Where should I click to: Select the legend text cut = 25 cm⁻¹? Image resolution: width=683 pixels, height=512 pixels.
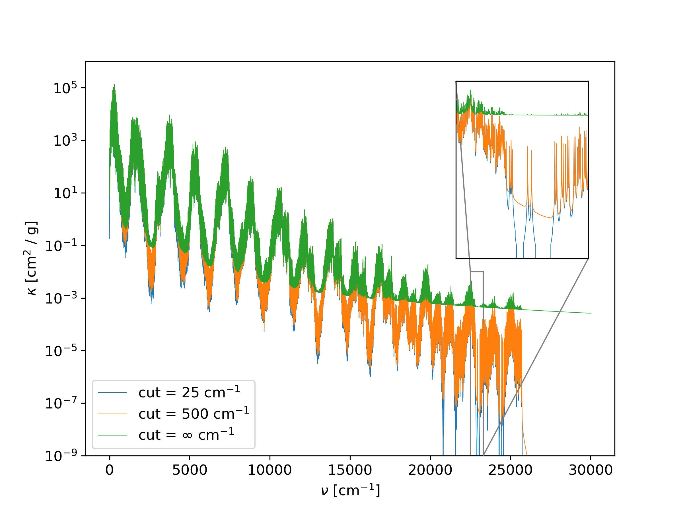(189, 392)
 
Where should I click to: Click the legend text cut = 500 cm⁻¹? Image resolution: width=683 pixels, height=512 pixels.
(194, 414)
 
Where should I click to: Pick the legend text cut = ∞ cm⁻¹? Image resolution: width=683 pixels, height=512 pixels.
(186, 435)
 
